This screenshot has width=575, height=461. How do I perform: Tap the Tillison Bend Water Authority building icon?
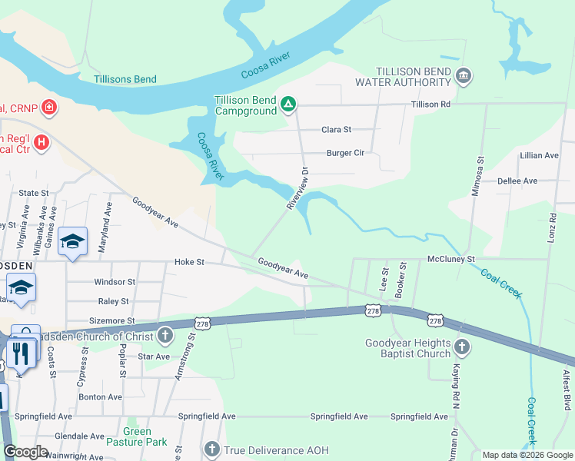point(464,75)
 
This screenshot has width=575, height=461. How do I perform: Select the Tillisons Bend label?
point(125,79)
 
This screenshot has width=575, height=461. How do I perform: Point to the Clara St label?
point(336,130)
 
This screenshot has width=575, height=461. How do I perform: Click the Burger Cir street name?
point(345,153)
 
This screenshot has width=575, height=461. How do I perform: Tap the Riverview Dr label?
point(297,189)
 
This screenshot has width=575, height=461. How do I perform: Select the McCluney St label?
point(451,260)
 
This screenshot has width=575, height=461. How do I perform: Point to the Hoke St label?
point(189,262)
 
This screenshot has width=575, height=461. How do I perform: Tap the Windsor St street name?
point(115,282)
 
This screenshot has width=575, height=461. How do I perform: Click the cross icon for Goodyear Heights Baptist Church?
point(461,347)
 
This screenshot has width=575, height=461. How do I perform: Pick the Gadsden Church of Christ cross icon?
point(165,335)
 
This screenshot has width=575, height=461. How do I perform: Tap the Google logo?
point(25,452)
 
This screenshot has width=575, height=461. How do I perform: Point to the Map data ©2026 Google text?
point(527,455)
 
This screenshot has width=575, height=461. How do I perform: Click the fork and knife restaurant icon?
point(20,353)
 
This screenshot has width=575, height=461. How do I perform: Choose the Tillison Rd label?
point(430,104)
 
